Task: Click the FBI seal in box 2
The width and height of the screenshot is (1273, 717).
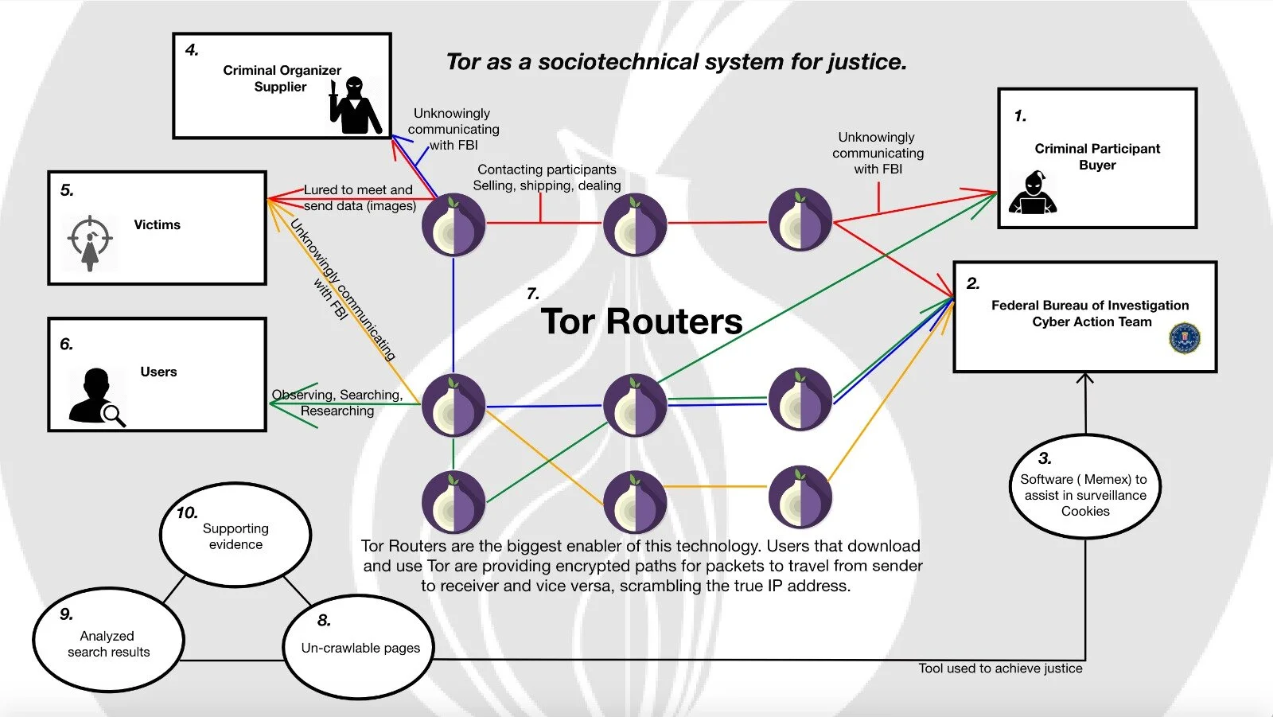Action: tap(1184, 338)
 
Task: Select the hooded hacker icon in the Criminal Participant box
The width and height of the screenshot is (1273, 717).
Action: tap(1032, 193)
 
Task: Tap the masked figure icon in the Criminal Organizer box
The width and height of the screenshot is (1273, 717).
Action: tap(355, 105)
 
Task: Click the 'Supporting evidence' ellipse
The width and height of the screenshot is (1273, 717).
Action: tap(236, 536)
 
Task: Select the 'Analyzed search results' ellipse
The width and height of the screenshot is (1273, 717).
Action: tap(108, 641)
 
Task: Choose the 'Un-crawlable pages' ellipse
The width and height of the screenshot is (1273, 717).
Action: tap(360, 648)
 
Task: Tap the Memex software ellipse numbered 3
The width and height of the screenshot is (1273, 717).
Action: tap(1084, 487)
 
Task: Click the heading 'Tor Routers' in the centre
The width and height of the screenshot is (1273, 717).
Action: tap(641, 321)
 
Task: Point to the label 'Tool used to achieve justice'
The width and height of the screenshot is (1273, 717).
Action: tap(1000, 668)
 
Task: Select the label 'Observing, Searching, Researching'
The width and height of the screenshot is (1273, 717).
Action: tap(337, 403)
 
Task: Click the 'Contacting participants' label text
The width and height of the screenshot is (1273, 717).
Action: tap(547, 170)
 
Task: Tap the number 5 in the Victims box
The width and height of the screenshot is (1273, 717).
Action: tap(67, 190)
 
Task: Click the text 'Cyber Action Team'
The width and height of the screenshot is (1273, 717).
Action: tap(1092, 322)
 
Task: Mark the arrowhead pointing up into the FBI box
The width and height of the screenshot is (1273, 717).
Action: tap(1085, 378)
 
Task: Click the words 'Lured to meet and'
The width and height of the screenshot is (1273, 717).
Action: tap(358, 189)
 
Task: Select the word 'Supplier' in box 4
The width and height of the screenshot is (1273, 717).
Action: tap(280, 87)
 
